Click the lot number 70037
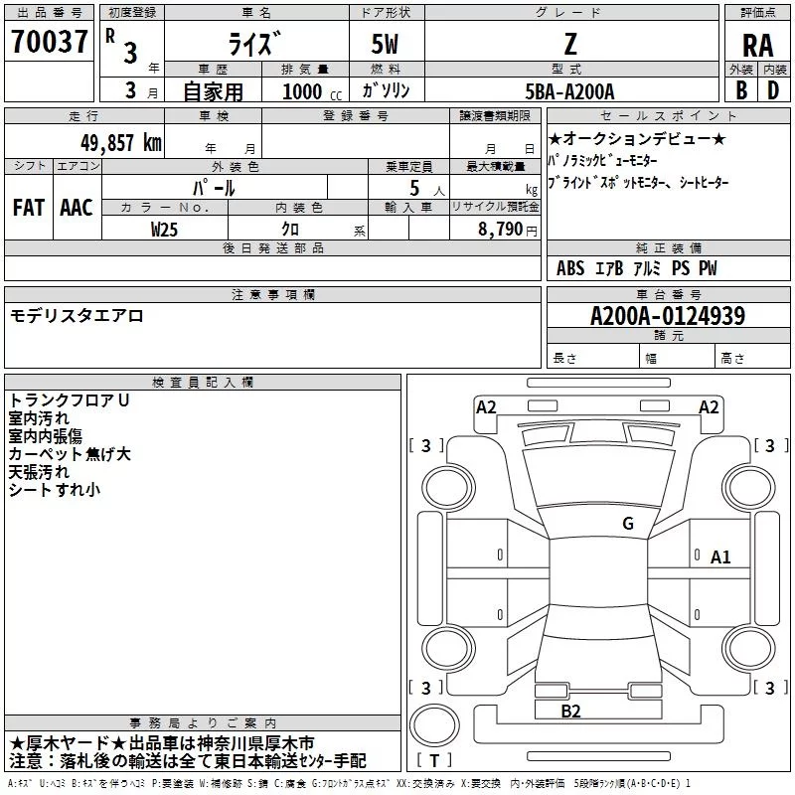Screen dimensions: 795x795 point(49,42)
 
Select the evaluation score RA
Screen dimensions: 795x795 point(757,46)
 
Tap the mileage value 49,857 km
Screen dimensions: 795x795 point(120,143)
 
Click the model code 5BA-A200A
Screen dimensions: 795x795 point(569,91)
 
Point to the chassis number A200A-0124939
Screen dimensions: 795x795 point(668,316)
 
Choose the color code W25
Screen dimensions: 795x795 point(164,230)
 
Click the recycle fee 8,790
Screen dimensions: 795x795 point(501,230)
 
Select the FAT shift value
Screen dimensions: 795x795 point(29,208)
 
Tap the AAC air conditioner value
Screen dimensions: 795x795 point(77,208)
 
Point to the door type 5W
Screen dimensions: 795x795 point(385,44)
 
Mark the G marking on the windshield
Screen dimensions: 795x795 point(628,524)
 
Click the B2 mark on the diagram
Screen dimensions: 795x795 point(570,712)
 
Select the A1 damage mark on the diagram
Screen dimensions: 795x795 point(720,557)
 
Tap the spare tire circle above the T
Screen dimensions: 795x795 point(434,725)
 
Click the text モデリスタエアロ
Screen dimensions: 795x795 point(77,316)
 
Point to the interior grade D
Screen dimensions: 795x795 point(773,90)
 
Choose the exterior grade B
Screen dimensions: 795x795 point(741,90)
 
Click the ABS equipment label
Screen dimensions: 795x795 point(570,268)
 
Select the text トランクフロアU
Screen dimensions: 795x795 point(69,400)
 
